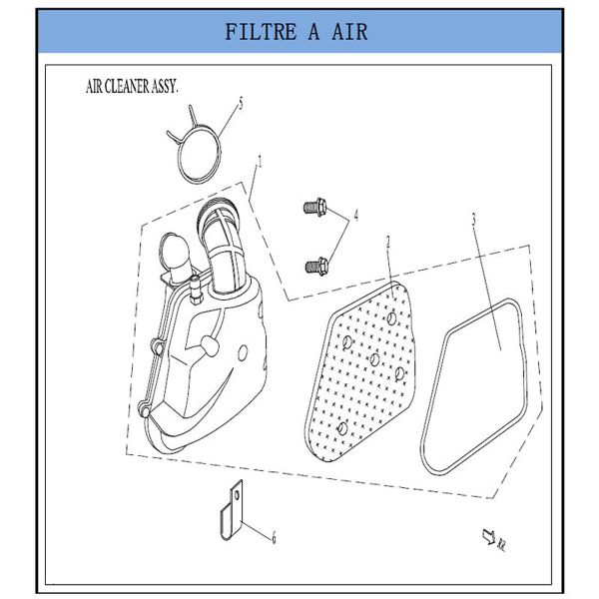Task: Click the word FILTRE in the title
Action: pos(261,32)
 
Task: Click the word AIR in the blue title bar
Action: pos(349,32)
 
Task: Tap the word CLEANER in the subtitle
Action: pos(127,87)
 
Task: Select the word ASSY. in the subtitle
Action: pos(165,87)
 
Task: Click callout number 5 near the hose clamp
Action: pos(241,103)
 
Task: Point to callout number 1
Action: pos(261,162)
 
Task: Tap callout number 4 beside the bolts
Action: pos(356,216)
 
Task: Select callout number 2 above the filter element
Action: pos(388,243)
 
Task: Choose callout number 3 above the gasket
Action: pos(474,219)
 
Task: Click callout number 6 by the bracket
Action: pos(274,538)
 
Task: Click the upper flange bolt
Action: pos(315,208)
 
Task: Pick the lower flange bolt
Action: pos(316,266)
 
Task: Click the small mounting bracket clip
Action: pos(232,510)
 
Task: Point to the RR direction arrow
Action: pos(489,535)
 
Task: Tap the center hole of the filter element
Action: pos(374,359)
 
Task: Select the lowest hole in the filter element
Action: pos(342,428)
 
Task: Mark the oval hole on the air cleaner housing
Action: pos(243,353)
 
